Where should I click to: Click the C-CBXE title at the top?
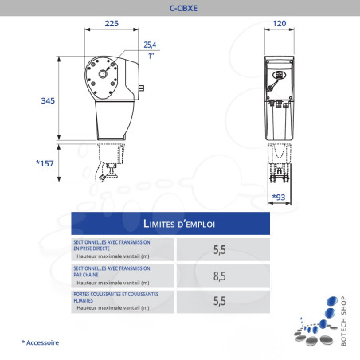tap(183, 8)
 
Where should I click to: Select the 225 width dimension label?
tap(112, 23)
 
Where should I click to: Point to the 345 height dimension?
tap(48, 100)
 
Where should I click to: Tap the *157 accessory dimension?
tap(45, 163)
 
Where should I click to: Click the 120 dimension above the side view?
tap(280, 23)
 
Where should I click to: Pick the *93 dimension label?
tap(279, 197)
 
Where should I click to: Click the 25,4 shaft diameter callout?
tap(150, 45)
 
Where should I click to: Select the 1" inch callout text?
tap(151, 56)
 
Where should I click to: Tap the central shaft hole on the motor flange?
tap(103, 74)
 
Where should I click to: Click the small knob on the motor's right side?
tap(142, 88)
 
